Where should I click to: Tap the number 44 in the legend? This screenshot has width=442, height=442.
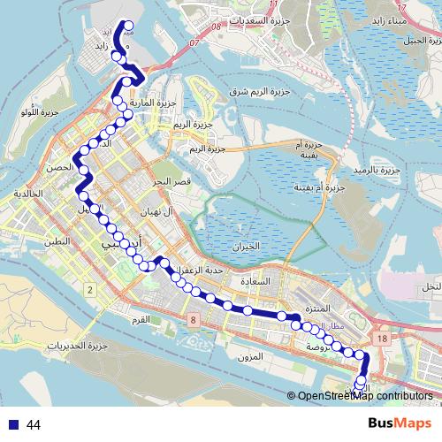click(x=33, y=425)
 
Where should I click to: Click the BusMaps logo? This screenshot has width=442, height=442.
click(x=400, y=424)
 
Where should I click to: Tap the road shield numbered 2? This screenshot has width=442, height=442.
click(x=90, y=289)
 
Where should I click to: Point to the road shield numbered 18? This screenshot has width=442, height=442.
click(x=381, y=339)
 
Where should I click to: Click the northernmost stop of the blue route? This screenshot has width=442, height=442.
click(x=128, y=26)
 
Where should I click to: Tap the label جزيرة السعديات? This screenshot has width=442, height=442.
click(x=281, y=20)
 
